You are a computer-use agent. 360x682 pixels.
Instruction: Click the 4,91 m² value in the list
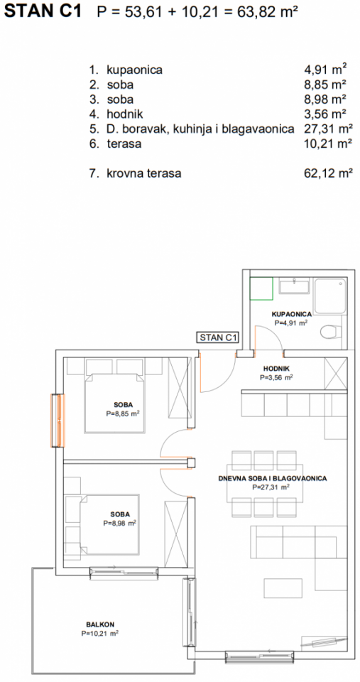tap(324, 70)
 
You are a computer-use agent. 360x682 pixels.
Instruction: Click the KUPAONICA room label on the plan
tap(291, 313)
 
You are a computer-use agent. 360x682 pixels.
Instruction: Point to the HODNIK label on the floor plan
tap(276, 369)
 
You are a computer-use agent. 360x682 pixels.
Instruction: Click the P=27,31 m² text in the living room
tap(272, 489)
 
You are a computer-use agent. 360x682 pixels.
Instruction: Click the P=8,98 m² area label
tap(120, 524)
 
